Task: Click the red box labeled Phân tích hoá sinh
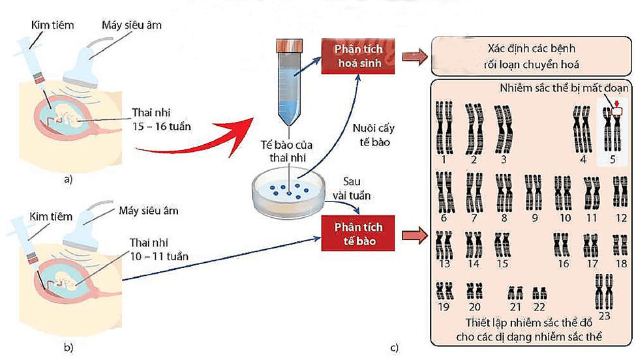(357, 57)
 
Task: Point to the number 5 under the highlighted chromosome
(613, 158)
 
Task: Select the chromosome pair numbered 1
(444, 127)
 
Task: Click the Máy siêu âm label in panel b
(148, 211)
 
